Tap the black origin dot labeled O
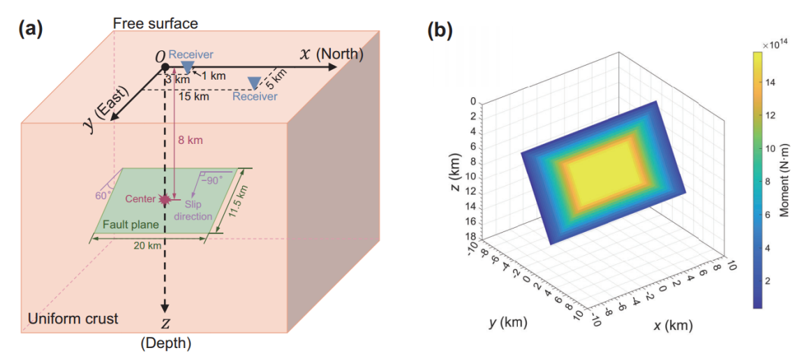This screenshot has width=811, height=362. click(x=165, y=67)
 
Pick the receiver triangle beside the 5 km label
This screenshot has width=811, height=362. click(x=255, y=83)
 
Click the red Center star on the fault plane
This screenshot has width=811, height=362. click(x=165, y=199)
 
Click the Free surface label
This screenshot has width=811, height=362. click(x=156, y=24)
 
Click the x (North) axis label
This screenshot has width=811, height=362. click(x=333, y=54)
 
